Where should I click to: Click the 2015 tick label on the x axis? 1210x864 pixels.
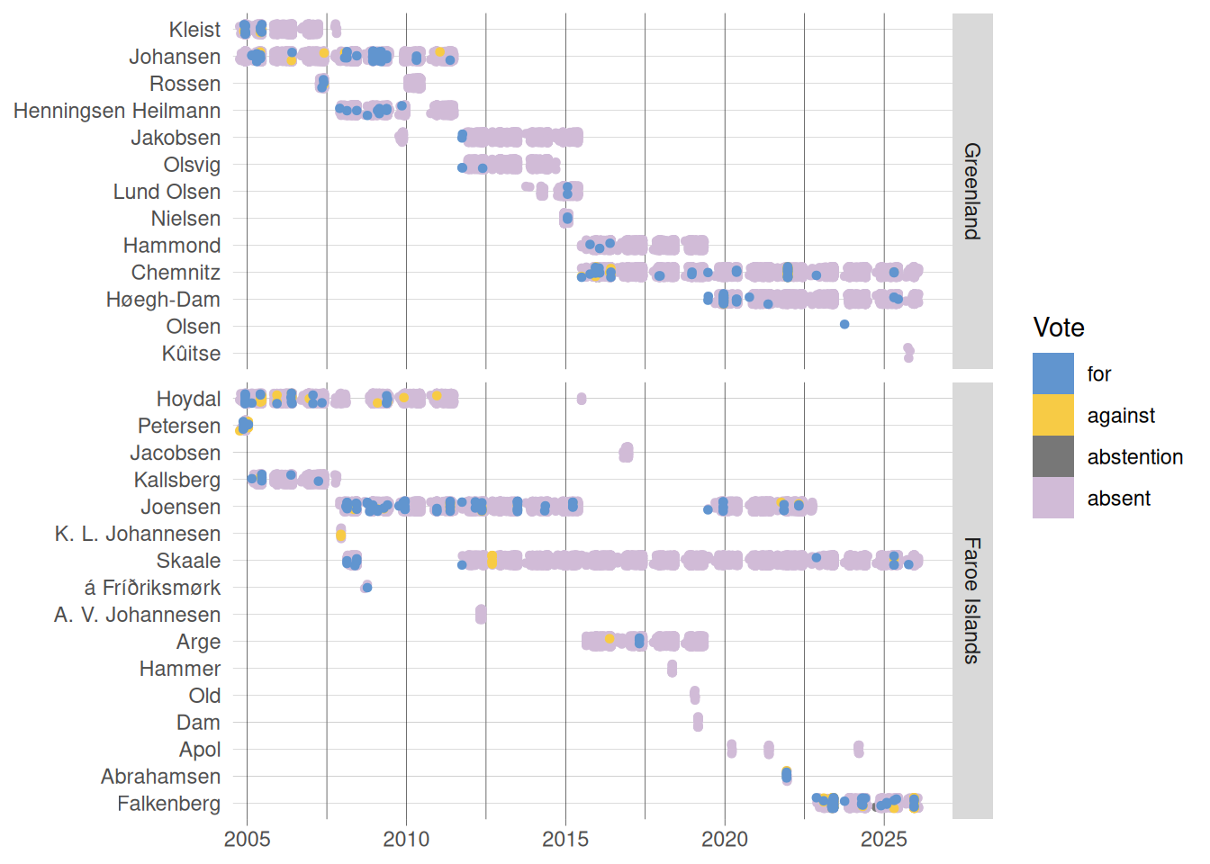(x=565, y=840)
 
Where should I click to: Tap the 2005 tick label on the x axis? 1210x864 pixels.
(x=247, y=840)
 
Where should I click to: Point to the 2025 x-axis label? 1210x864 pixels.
(x=884, y=840)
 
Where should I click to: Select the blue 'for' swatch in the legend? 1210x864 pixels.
(x=1052, y=373)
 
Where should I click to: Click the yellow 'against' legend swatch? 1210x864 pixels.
(x=1052, y=415)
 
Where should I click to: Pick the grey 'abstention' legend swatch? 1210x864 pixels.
(x=1052, y=456)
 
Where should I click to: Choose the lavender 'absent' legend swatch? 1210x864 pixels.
(x=1052, y=498)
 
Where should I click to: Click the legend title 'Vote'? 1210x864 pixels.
(x=1059, y=328)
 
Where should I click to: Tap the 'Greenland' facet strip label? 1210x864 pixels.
(x=972, y=191)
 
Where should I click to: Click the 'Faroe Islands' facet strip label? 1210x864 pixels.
(x=972, y=600)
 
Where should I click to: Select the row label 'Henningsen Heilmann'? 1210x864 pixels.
(x=117, y=111)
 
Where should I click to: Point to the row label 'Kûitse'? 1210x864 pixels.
(x=191, y=354)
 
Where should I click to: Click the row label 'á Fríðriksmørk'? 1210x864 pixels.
(x=152, y=588)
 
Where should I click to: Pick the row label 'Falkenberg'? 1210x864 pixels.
(x=168, y=804)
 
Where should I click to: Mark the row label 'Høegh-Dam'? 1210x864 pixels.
(x=163, y=300)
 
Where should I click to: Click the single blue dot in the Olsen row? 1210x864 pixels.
(x=844, y=324)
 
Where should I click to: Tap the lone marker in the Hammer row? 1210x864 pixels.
(x=672, y=669)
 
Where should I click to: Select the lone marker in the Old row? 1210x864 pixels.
(x=695, y=695)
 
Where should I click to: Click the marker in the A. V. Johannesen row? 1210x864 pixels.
(x=481, y=615)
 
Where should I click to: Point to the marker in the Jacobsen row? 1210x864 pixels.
(x=626, y=452)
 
